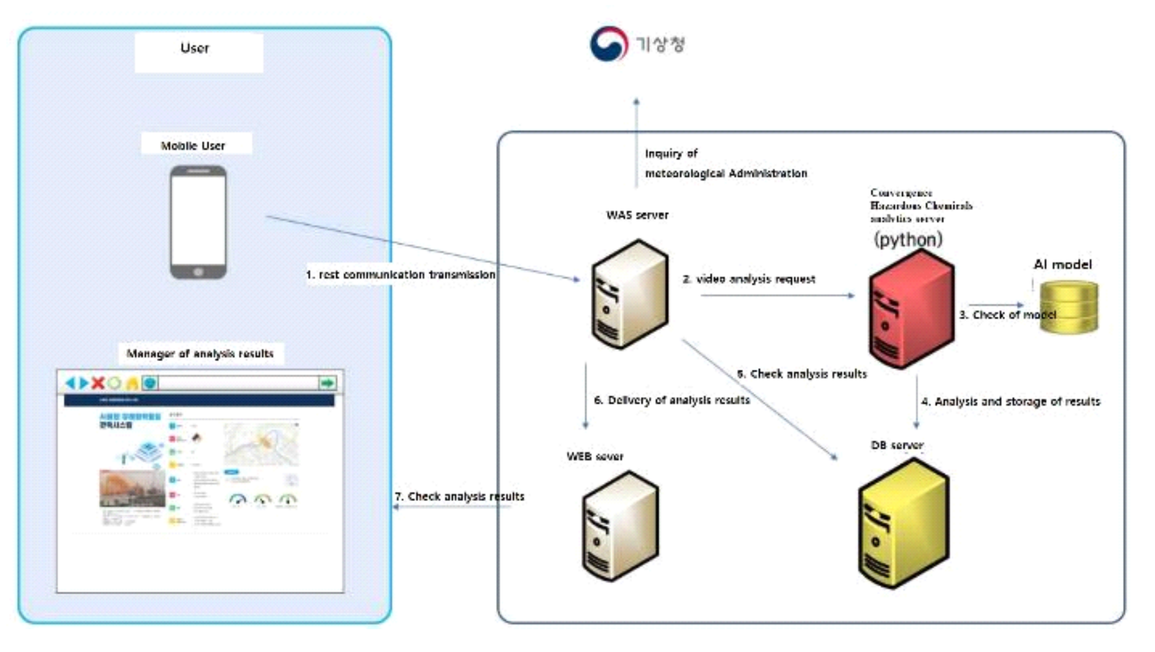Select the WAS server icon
click(629, 294)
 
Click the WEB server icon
click(620, 526)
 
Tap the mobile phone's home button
click(198, 272)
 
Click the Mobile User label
click(193, 146)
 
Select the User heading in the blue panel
click(195, 49)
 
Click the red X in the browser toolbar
click(98, 383)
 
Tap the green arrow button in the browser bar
click(327, 383)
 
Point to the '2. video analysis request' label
click(749, 279)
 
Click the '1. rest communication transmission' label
click(400, 275)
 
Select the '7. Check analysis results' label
click(459, 497)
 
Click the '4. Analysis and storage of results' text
click(1010, 402)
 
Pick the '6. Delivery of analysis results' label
click(672, 400)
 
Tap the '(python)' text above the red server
click(908, 239)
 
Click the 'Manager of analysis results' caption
click(200, 354)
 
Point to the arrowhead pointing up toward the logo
click(636, 102)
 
